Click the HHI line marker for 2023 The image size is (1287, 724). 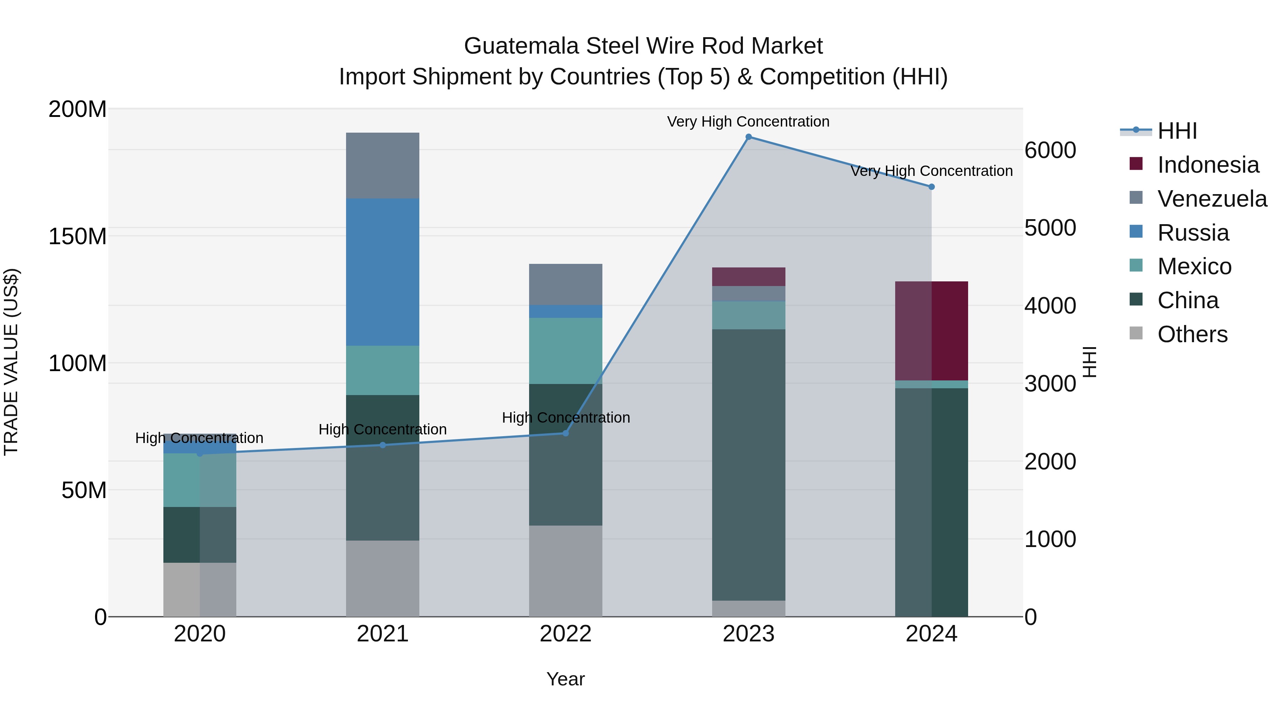click(748, 137)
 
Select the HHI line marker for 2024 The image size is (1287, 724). click(931, 187)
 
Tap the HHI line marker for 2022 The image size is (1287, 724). click(566, 433)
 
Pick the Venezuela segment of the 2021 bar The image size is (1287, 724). click(383, 166)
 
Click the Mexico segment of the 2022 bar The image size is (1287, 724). click(566, 351)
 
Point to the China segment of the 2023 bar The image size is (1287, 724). click(748, 465)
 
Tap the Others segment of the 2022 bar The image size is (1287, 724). click(566, 571)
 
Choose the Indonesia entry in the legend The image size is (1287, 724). click(1208, 165)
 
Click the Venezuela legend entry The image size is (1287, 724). click(1212, 199)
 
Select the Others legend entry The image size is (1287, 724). click(1192, 334)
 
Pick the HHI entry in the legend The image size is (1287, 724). click(1177, 131)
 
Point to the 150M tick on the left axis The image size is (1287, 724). click(78, 236)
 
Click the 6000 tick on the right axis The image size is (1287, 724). click(1050, 150)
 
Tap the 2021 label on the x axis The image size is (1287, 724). click(383, 634)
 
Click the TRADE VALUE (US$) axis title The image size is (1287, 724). click(11, 362)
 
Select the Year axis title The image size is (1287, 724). click(566, 679)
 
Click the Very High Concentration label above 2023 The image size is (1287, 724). click(748, 122)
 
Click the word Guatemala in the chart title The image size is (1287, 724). click(522, 46)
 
